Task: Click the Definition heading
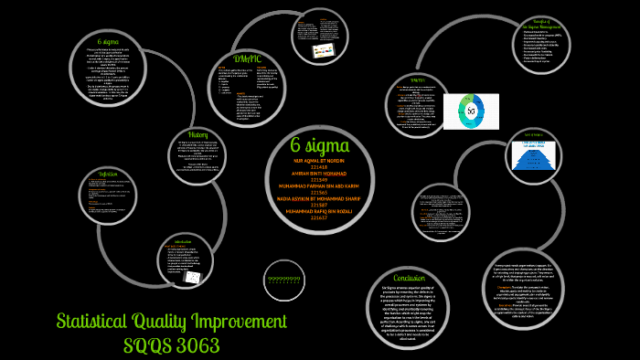click(x=108, y=174)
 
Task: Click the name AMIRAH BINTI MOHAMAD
click(x=319, y=175)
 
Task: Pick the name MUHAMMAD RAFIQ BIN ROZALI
click(x=319, y=211)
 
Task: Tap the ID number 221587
click(x=319, y=205)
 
